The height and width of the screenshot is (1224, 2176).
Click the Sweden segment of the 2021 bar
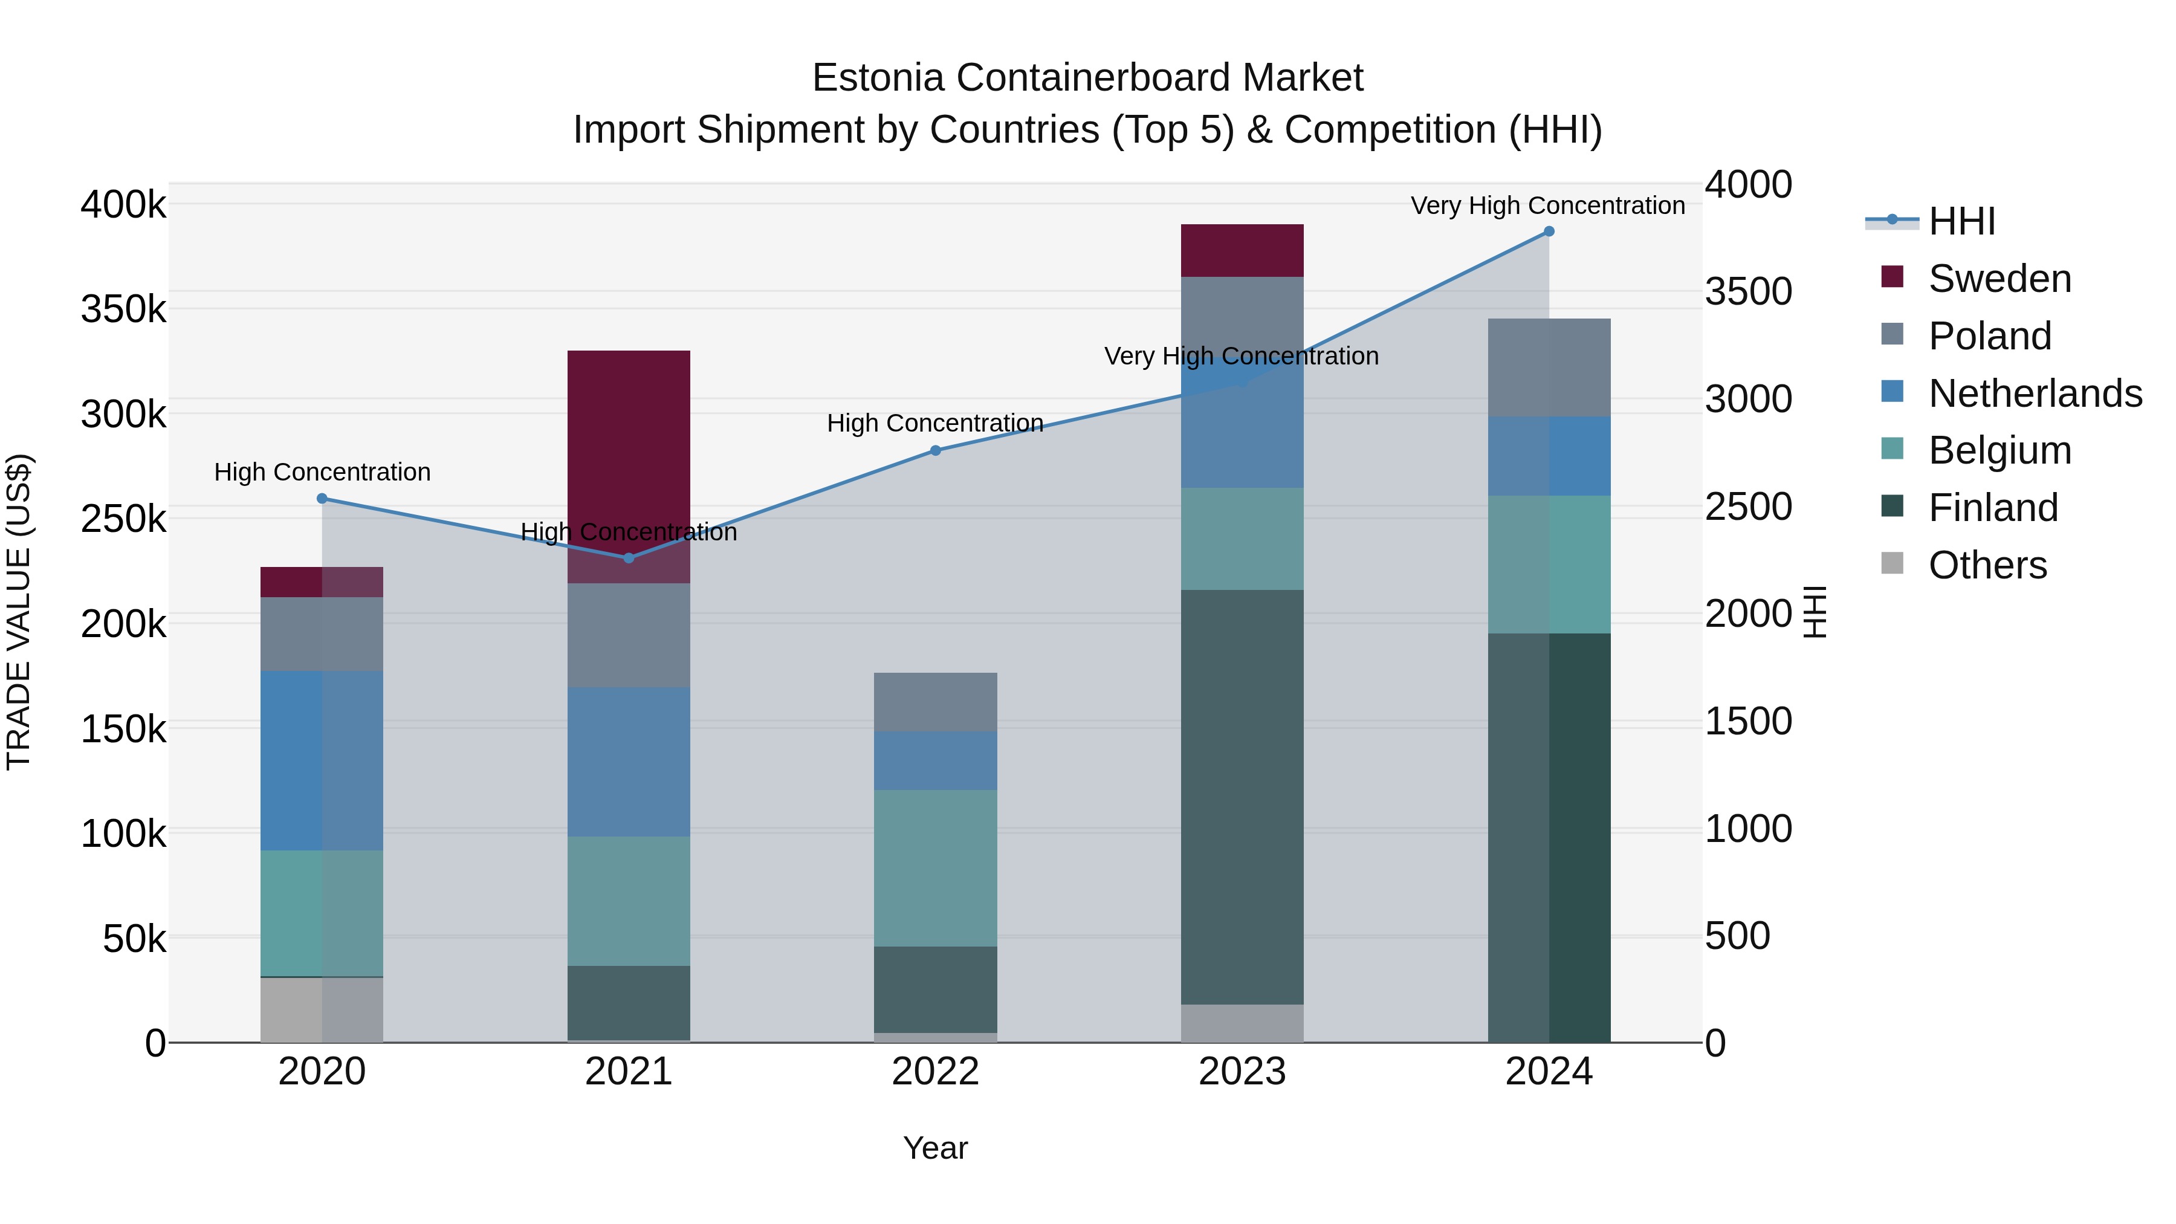(x=629, y=448)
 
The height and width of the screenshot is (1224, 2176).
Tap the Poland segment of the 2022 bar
(x=935, y=702)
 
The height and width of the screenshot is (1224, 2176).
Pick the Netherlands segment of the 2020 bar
(x=322, y=760)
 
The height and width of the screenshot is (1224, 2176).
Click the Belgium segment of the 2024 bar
(x=1549, y=565)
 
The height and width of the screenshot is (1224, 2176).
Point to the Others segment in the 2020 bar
(x=322, y=1009)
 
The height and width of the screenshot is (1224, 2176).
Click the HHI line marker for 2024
(x=1549, y=232)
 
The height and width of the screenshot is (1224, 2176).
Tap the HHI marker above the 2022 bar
(x=935, y=451)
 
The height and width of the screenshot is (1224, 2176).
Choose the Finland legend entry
(x=1993, y=508)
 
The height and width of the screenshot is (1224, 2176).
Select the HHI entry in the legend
(x=1961, y=221)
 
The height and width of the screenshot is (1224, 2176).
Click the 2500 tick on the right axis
(x=1747, y=507)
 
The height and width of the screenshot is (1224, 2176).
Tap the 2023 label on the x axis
(x=1242, y=1072)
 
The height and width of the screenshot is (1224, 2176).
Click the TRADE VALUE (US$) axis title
(x=19, y=612)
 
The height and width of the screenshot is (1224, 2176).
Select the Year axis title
(x=935, y=1148)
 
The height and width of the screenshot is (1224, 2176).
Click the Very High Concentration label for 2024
(x=1547, y=206)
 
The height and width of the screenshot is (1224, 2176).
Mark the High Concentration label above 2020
(x=322, y=471)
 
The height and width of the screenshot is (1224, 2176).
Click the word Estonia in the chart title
(x=878, y=78)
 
